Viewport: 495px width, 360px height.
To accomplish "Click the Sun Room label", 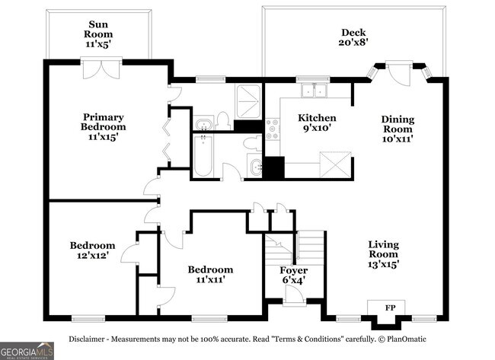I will [x=98, y=34].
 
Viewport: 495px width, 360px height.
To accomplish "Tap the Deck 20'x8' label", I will [x=353, y=37].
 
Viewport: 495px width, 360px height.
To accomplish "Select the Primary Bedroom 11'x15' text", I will [x=104, y=127].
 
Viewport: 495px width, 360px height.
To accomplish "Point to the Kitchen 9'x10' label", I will [x=317, y=124].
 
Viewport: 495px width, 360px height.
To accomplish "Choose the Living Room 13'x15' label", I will [x=383, y=254].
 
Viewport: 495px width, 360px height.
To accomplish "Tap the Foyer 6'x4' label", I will [x=293, y=276].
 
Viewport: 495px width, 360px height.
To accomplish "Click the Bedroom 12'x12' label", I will [x=92, y=250].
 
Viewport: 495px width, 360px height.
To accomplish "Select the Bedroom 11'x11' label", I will [x=210, y=275].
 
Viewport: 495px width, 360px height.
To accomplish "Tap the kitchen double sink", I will [x=313, y=91].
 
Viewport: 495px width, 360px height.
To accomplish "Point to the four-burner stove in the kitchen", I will [x=273, y=129].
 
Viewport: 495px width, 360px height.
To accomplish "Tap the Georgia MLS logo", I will [x=27, y=351].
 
